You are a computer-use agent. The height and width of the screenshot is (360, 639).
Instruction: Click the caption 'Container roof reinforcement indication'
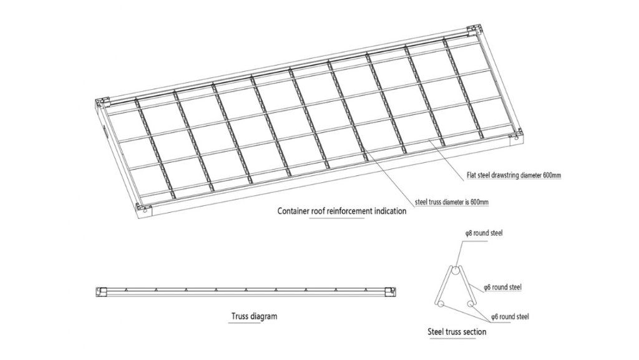click(342, 211)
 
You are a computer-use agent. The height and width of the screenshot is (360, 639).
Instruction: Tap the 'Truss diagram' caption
click(255, 316)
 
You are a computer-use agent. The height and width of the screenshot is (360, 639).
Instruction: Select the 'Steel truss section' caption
click(457, 331)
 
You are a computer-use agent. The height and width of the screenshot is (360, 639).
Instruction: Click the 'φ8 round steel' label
click(484, 233)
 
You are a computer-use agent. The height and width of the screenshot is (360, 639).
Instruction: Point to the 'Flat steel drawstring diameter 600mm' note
click(514, 175)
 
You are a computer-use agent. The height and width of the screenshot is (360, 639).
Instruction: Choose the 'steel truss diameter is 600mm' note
click(452, 202)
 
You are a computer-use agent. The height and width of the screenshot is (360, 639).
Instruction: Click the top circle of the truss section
click(456, 271)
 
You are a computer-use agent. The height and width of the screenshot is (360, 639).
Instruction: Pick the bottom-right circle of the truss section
click(471, 303)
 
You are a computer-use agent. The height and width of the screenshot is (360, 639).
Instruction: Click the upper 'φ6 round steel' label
click(503, 288)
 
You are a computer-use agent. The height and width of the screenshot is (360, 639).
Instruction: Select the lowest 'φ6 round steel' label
click(510, 316)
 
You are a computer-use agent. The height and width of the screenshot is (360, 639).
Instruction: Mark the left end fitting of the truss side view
click(101, 291)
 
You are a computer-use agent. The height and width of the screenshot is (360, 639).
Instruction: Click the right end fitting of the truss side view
click(392, 291)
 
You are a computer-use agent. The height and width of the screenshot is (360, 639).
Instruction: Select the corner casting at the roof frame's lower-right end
click(516, 135)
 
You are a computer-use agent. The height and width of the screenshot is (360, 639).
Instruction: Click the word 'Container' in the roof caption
click(293, 211)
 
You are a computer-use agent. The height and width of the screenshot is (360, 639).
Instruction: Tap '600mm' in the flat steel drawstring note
click(552, 175)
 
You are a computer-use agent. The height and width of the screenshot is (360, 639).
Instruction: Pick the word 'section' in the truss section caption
click(475, 331)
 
